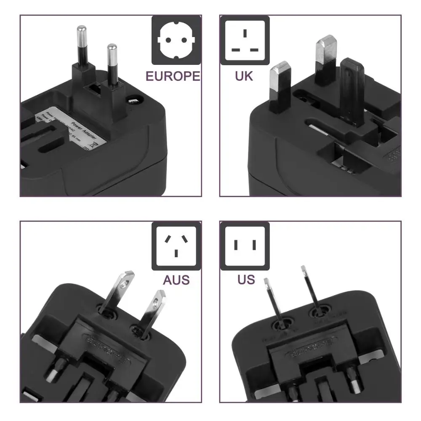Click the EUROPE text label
[173, 76]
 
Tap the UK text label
[244, 76]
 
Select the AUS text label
[176, 279]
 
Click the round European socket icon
[176, 40]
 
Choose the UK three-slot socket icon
[245, 40]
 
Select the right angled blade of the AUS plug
[152, 310]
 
